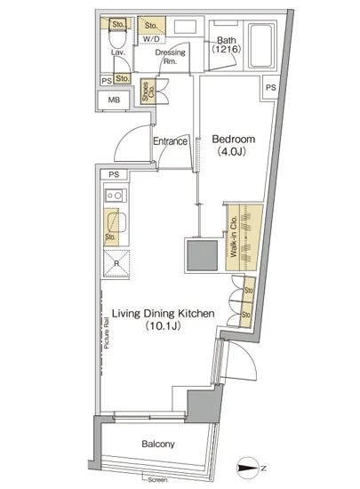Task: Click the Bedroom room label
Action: point(234,140)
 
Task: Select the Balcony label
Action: point(156,444)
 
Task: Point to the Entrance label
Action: point(169,141)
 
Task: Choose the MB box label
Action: point(113,99)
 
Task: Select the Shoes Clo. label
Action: point(148,92)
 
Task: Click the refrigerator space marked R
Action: point(111,263)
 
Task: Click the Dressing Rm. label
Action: point(170,57)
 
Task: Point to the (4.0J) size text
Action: point(234,152)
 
